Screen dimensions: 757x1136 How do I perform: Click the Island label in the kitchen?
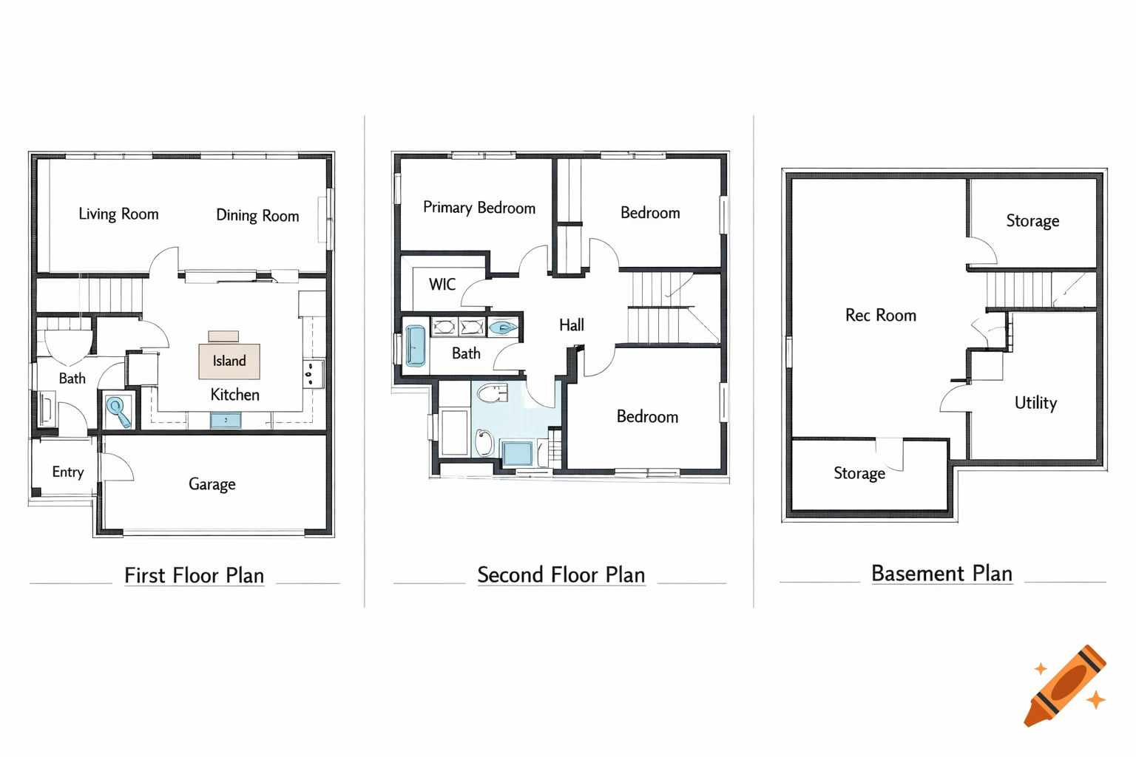229,361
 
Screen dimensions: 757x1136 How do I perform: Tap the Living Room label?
118,214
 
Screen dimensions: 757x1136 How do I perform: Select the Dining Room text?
257,215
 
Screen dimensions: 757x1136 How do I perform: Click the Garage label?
212,484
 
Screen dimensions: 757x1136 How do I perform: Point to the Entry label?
67,472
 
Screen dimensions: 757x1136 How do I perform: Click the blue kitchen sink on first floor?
226,421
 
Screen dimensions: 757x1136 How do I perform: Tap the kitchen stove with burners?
313,374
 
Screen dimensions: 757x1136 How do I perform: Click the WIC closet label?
442,285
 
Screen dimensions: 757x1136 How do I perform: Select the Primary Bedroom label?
479,208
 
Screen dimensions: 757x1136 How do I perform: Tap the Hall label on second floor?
571,325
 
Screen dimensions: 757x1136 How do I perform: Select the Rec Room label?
880,316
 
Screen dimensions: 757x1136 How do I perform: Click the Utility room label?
1035,403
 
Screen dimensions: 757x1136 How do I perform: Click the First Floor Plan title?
194,575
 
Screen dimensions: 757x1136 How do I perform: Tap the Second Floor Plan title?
561,574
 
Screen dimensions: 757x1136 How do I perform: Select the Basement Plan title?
941,574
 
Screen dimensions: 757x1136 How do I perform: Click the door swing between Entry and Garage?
117,467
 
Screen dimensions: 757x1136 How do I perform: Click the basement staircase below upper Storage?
1021,290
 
